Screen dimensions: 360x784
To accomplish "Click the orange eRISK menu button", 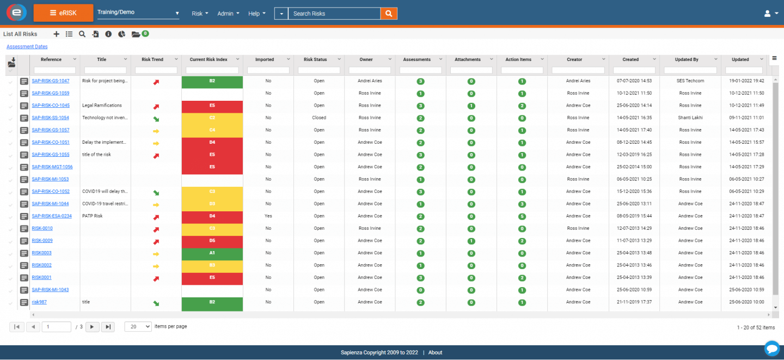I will pos(63,13).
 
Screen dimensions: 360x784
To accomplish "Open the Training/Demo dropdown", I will pos(138,13).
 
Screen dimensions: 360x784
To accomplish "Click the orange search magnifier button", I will pos(389,14).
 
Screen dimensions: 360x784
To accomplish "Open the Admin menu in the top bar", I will pos(228,14).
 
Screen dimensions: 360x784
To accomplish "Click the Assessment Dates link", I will pos(27,47).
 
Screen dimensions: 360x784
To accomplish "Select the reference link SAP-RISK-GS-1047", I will pos(50,81).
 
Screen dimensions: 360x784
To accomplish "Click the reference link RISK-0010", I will pos(42,228).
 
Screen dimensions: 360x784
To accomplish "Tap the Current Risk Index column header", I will pos(209,59).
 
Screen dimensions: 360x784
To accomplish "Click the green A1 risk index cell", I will pos(212,253).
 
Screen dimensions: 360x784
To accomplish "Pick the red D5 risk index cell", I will pos(212,241).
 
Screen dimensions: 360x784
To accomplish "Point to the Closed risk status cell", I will pos(319,118).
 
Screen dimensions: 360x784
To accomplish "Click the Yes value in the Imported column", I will pos(268,216).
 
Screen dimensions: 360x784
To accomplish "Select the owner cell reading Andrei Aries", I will pos(370,81).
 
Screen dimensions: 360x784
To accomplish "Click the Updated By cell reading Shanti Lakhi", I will pos(690,118).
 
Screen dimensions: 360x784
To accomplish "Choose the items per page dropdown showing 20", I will pos(138,326).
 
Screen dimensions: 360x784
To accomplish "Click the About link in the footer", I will pos(435,352).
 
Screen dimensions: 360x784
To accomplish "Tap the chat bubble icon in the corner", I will pos(771,347).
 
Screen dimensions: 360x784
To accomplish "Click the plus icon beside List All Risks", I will pos(57,34).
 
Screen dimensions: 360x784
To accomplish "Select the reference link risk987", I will pos(40,302).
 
